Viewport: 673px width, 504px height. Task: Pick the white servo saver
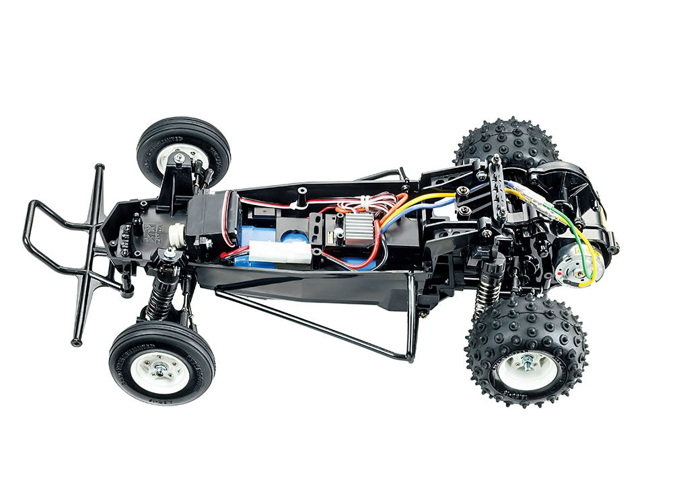176,233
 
